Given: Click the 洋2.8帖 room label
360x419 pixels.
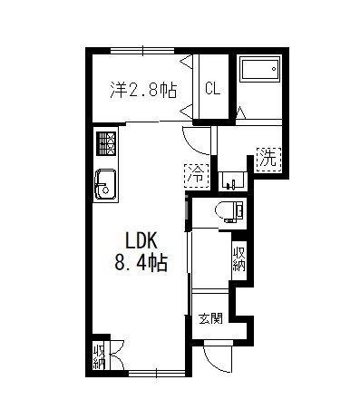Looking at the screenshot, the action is pyautogui.click(x=143, y=90).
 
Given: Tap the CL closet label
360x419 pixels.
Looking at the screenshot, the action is pyautogui.click(x=213, y=89).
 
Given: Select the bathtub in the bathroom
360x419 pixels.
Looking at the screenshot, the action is pyautogui.click(x=259, y=70).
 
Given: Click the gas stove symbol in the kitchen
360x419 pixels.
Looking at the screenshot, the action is pyautogui.click(x=106, y=144).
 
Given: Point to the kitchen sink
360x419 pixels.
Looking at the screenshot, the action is pyautogui.click(x=105, y=184).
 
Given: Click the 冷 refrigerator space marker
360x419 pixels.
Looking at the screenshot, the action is pyautogui.click(x=197, y=176).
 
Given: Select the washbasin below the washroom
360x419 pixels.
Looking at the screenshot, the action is pyautogui.click(x=232, y=181).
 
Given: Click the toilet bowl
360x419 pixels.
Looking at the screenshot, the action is pyautogui.click(x=229, y=211).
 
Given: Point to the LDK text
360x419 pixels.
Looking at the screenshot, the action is pyautogui.click(x=141, y=241).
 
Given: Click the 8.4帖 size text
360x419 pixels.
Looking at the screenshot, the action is pyautogui.click(x=141, y=262).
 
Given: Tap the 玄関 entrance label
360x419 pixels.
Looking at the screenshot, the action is pyautogui.click(x=210, y=318).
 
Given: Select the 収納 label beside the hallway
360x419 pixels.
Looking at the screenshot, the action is pyautogui.click(x=238, y=259).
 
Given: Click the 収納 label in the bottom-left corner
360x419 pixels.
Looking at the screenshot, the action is pyautogui.click(x=99, y=357).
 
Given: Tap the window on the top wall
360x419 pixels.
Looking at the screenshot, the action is pyautogui.click(x=142, y=51).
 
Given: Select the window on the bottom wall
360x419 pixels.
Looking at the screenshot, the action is pyautogui.click(x=157, y=374).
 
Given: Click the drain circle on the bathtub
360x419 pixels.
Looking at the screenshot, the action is pyautogui.click(x=274, y=69).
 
